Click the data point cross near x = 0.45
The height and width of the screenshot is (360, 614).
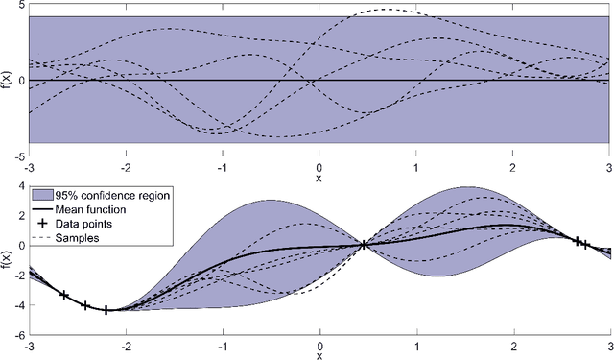pyautogui.click(x=364, y=245)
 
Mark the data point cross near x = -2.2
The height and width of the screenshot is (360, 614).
pyautogui.click(x=106, y=310)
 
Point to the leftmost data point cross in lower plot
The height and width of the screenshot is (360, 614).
pyautogui.click(x=64, y=295)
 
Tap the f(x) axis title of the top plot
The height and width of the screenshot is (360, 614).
pyautogui.click(x=8, y=80)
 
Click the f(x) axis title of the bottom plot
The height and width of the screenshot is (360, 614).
pyautogui.click(x=8, y=260)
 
